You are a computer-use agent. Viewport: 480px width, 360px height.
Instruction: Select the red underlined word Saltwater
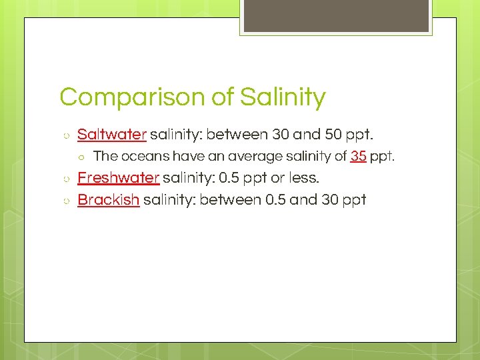(111, 135)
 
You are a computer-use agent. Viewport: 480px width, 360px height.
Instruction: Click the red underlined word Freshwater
(118, 178)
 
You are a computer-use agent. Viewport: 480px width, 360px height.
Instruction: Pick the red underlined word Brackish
(108, 199)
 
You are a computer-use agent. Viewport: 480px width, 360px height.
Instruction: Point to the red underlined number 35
(358, 157)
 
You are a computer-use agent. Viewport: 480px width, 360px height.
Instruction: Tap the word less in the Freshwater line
(303, 178)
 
